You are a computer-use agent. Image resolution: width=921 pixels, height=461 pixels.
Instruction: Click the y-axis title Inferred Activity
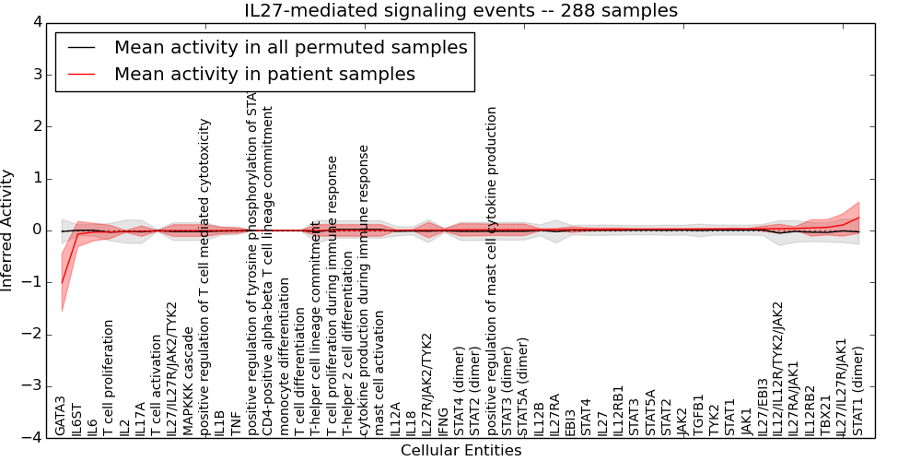pyautogui.click(x=8, y=230)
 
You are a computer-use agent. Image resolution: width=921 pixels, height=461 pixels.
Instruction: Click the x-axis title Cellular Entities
pyautogui.click(x=460, y=451)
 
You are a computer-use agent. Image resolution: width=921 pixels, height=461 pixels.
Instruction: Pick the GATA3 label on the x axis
pyautogui.click(x=61, y=416)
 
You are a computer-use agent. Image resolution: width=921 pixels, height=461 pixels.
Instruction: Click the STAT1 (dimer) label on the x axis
pyautogui.click(x=858, y=391)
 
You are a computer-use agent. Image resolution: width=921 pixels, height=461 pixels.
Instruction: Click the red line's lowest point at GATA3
pyautogui.click(x=62, y=283)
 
